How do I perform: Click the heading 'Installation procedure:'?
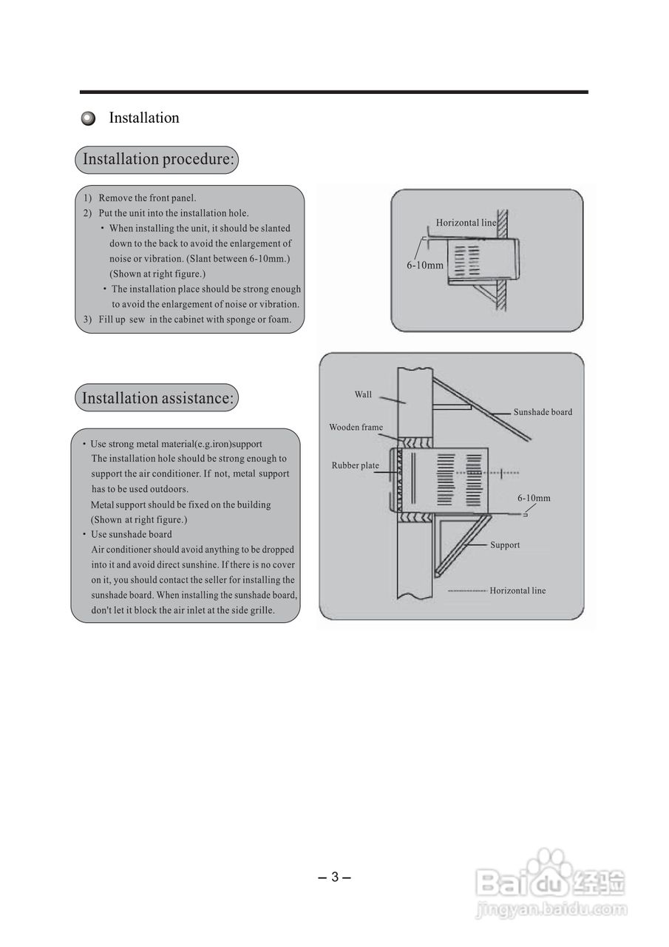point(158,159)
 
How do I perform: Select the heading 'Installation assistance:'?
point(157,398)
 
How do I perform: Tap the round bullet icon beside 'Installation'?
point(89,118)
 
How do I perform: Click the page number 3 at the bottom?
point(334,877)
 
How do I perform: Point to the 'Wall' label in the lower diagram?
point(363,394)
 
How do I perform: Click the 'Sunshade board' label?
point(543,412)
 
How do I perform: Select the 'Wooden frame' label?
point(356,428)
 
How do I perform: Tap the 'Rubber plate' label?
point(355,465)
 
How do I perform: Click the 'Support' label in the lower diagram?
point(505,545)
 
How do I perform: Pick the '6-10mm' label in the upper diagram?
point(425,265)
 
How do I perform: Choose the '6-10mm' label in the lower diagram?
point(534,498)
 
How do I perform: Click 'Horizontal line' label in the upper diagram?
point(466,223)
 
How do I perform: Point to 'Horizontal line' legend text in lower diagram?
point(517,590)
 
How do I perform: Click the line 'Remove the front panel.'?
point(147,198)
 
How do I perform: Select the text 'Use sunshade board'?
point(131,534)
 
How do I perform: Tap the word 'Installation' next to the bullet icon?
point(144,118)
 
